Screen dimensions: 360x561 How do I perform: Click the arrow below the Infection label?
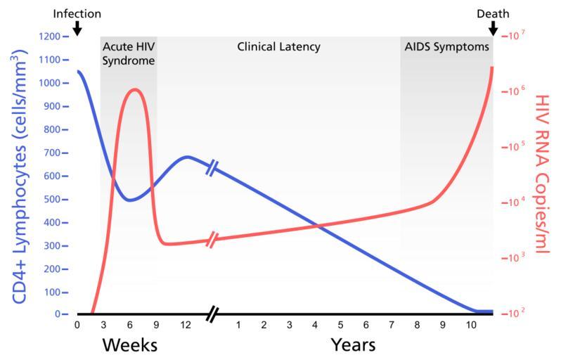[x=77, y=28]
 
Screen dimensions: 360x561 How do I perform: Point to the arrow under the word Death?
[x=494, y=28]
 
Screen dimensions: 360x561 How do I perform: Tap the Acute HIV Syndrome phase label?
[x=129, y=53]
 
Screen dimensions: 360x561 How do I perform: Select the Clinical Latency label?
[x=278, y=47]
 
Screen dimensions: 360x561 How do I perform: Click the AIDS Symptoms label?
[x=446, y=47]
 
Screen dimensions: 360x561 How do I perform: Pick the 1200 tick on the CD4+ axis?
[x=54, y=37]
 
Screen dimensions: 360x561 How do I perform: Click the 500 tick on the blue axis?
[x=54, y=199]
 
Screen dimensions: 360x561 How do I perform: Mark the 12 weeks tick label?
[x=186, y=325]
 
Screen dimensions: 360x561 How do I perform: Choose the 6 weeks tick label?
[x=130, y=325]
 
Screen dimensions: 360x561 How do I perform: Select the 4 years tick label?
[x=315, y=325]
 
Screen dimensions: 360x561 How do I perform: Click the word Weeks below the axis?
[x=129, y=345]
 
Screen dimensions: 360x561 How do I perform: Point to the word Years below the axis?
[x=354, y=345]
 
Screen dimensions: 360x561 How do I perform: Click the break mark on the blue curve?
[x=213, y=167]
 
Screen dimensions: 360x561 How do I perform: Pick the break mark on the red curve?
[x=213, y=240]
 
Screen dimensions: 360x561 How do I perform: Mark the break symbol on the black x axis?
[x=213, y=314]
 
